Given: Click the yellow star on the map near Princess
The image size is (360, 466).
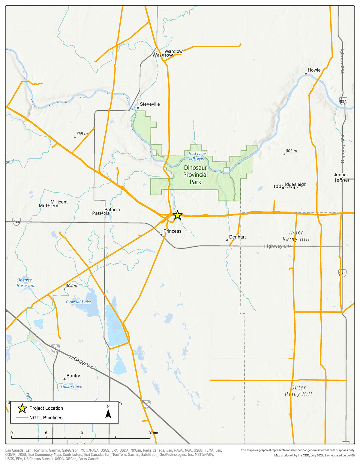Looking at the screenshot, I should click(x=178, y=215).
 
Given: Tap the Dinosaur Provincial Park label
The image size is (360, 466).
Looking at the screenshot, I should click(x=196, y=175).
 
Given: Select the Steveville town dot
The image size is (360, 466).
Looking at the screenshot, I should click(x=138, y=107).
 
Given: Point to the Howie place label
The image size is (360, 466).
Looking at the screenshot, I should click(x=314, y=70).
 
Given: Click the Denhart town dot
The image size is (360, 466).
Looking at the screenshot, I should click(x=227, y=240).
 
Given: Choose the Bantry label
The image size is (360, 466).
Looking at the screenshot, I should click(x=73, y=376).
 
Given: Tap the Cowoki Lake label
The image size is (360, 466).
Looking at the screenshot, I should click(x=78, y=302).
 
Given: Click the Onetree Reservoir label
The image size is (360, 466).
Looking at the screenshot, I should click(x=25, y=283).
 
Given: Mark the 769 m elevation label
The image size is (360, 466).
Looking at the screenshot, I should click(x=82, y=134).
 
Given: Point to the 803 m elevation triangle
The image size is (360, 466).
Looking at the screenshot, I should click(x=284, y=154).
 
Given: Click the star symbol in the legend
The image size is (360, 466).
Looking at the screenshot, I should click(x=22, y=408).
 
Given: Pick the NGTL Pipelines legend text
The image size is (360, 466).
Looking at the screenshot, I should click(x=46, y=417).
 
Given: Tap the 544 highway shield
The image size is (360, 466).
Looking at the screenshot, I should click(x=16, y=222).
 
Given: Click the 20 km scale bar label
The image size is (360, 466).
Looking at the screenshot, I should click(x=153, y=433).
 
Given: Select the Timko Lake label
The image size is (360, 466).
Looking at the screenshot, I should click(x=71, y=386).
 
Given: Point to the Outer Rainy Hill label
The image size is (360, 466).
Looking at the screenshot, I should click(x=298, y=391).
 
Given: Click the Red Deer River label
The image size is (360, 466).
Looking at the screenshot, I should click(x=197, y=156).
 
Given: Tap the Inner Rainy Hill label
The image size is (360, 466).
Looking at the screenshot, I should click(x=296, y=236).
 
